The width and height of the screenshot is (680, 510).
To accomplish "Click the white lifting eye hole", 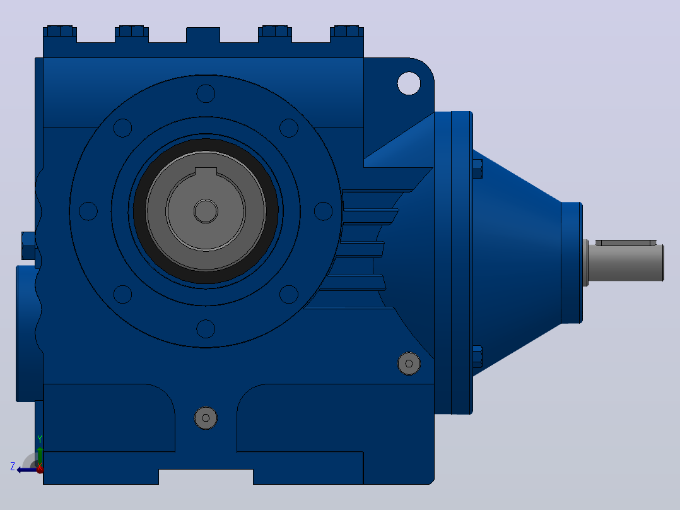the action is coord(409,83).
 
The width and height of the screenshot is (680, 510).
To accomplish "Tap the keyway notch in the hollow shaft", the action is coord(206,172).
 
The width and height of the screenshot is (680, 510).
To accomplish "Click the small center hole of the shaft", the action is coord(206,211).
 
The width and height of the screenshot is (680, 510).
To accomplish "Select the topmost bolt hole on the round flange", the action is coord(206,94).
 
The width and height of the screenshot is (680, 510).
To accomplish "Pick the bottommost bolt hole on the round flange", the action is coord(206,329).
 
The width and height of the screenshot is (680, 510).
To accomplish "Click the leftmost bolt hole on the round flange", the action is coord(88,211).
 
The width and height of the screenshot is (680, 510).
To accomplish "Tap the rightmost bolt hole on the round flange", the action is coord(323,211).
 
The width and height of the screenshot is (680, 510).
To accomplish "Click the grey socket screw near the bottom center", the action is coord(206,418).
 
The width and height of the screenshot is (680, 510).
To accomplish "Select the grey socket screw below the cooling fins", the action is coord(409,364).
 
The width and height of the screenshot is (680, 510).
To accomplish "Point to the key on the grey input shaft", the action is coord(626,242).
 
